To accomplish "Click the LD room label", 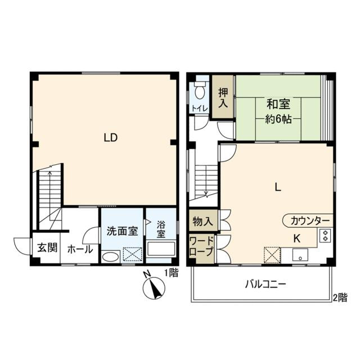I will (110, 138).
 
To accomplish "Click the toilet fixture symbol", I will (199, 91).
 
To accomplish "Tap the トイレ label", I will (200, 108).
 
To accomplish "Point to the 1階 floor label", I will (171, 273).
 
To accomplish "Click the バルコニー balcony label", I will (265, 284).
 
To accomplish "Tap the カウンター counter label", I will (310, 220).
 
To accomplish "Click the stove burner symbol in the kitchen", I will (325, 236).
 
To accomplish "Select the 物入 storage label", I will (202, 220).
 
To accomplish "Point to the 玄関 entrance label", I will (47, 247).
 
